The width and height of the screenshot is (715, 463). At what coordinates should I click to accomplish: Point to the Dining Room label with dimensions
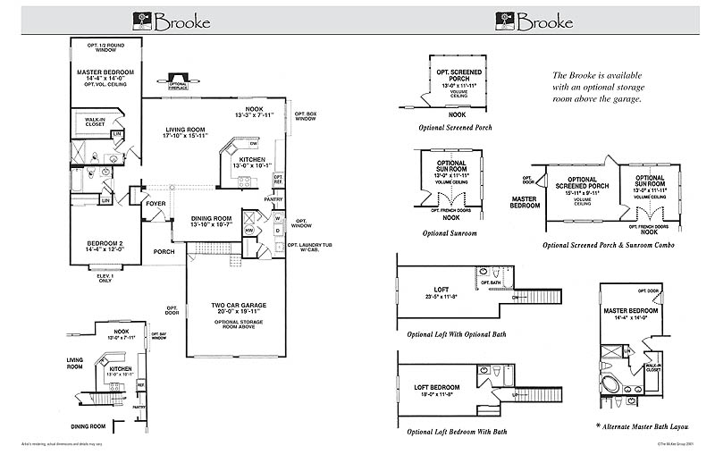(x=211, y=221)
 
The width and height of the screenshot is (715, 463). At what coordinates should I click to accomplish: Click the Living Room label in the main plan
(x=185, y=132)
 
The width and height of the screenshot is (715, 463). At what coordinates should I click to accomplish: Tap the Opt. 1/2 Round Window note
(x=103, y=47)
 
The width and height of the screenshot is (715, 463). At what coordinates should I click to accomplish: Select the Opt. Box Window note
(x=306, y=118)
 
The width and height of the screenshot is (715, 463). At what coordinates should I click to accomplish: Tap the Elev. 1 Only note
(x=104, y=279)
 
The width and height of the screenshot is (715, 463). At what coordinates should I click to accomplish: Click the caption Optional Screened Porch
(x=455, y=128)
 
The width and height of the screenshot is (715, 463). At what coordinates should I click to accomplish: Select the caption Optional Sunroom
(x=450, y=233)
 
